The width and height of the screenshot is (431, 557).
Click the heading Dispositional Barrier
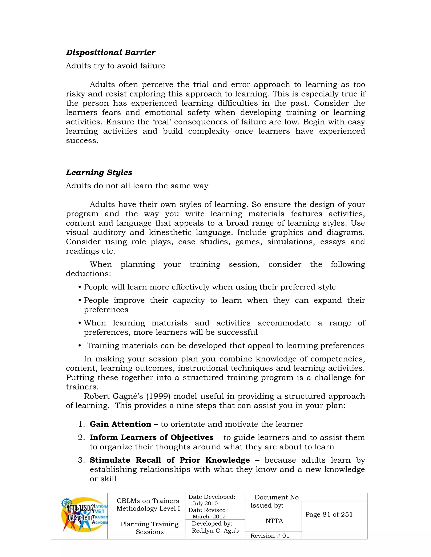tap(110, 53)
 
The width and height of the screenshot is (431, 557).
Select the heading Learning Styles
tap(99, 172)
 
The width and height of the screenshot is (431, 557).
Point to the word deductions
tap(88, 274)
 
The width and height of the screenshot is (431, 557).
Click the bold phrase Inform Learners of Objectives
tap(151, 437)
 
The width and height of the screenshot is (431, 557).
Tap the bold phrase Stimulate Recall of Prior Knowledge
tap(170, 460)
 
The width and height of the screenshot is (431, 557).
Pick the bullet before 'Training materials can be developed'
tap(80, 346)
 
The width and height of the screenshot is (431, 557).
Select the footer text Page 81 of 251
tap(329, 514)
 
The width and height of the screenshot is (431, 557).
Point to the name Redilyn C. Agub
tap(215, 531)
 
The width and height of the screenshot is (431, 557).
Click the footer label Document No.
tap(278, 497)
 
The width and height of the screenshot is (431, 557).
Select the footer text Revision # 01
tap(270, 536)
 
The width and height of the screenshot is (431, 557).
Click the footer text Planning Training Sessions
tap(150, 528)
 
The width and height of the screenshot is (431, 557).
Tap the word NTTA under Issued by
tap(274, 521)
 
